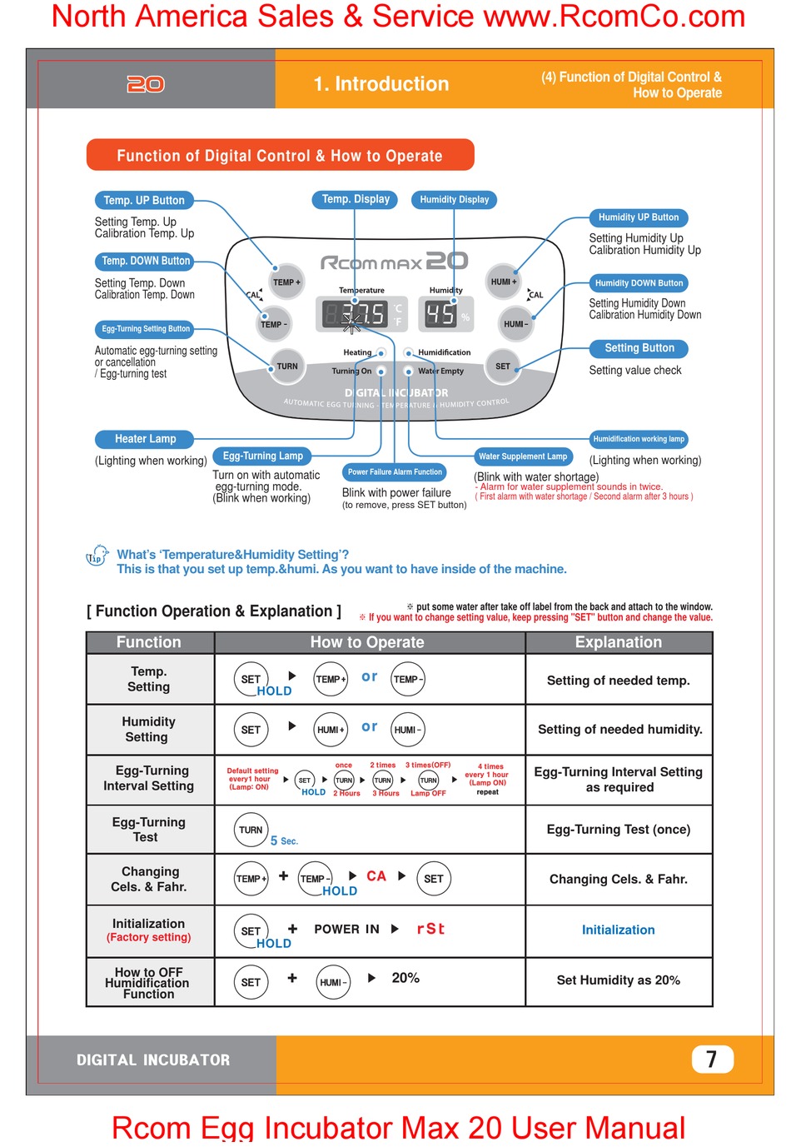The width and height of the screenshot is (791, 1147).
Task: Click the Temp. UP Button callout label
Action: pyautogui.click(x=144, y=201)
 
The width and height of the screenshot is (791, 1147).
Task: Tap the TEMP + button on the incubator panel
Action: pyautogui.click(x=286, y=282)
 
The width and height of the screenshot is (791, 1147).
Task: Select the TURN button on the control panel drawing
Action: pyautogui.click(x=286, y=367)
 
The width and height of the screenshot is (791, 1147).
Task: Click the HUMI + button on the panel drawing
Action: pyautogui.click(x=503, y=282)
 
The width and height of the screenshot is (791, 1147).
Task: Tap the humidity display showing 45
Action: pyautogui.click(x=440, y=314)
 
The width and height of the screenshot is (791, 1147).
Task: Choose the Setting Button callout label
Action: pyautogui.click(x=639, y=348)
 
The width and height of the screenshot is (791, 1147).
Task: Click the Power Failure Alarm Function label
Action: pyautogui.click(x=395, y=472)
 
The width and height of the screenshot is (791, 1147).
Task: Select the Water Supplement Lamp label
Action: pyautogui.click(x=523, y=456)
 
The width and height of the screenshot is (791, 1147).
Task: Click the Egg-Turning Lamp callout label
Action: pyautogui.click(x=262, y=456)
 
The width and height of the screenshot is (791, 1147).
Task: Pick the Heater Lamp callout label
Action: pyautogui.click(x=145, y=439)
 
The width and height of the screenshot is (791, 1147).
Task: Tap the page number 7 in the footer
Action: pyautogui.click(x=712, y=1059)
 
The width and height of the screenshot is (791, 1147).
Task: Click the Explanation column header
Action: pyautogui.click(x=619, y=642)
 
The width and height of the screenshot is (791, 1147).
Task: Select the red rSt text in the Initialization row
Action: pyautogui.click(x=430, y=929)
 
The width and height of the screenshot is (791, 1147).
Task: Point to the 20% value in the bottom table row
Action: pyautogui.click(x=405, y=978)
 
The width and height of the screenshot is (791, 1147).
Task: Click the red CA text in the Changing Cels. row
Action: pyautogui.click(x=376, y=876)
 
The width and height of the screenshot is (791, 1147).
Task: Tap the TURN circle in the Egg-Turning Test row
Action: pyautogui.click(x=251, y=830)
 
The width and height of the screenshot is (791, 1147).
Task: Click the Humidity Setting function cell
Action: pyautogui.click(x=149, y=730)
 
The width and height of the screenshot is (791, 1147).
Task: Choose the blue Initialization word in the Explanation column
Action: pyautogui.click(x=618, y=930)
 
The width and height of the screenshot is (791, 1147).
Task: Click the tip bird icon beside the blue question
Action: pyautogui.click(x=97, y=556)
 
